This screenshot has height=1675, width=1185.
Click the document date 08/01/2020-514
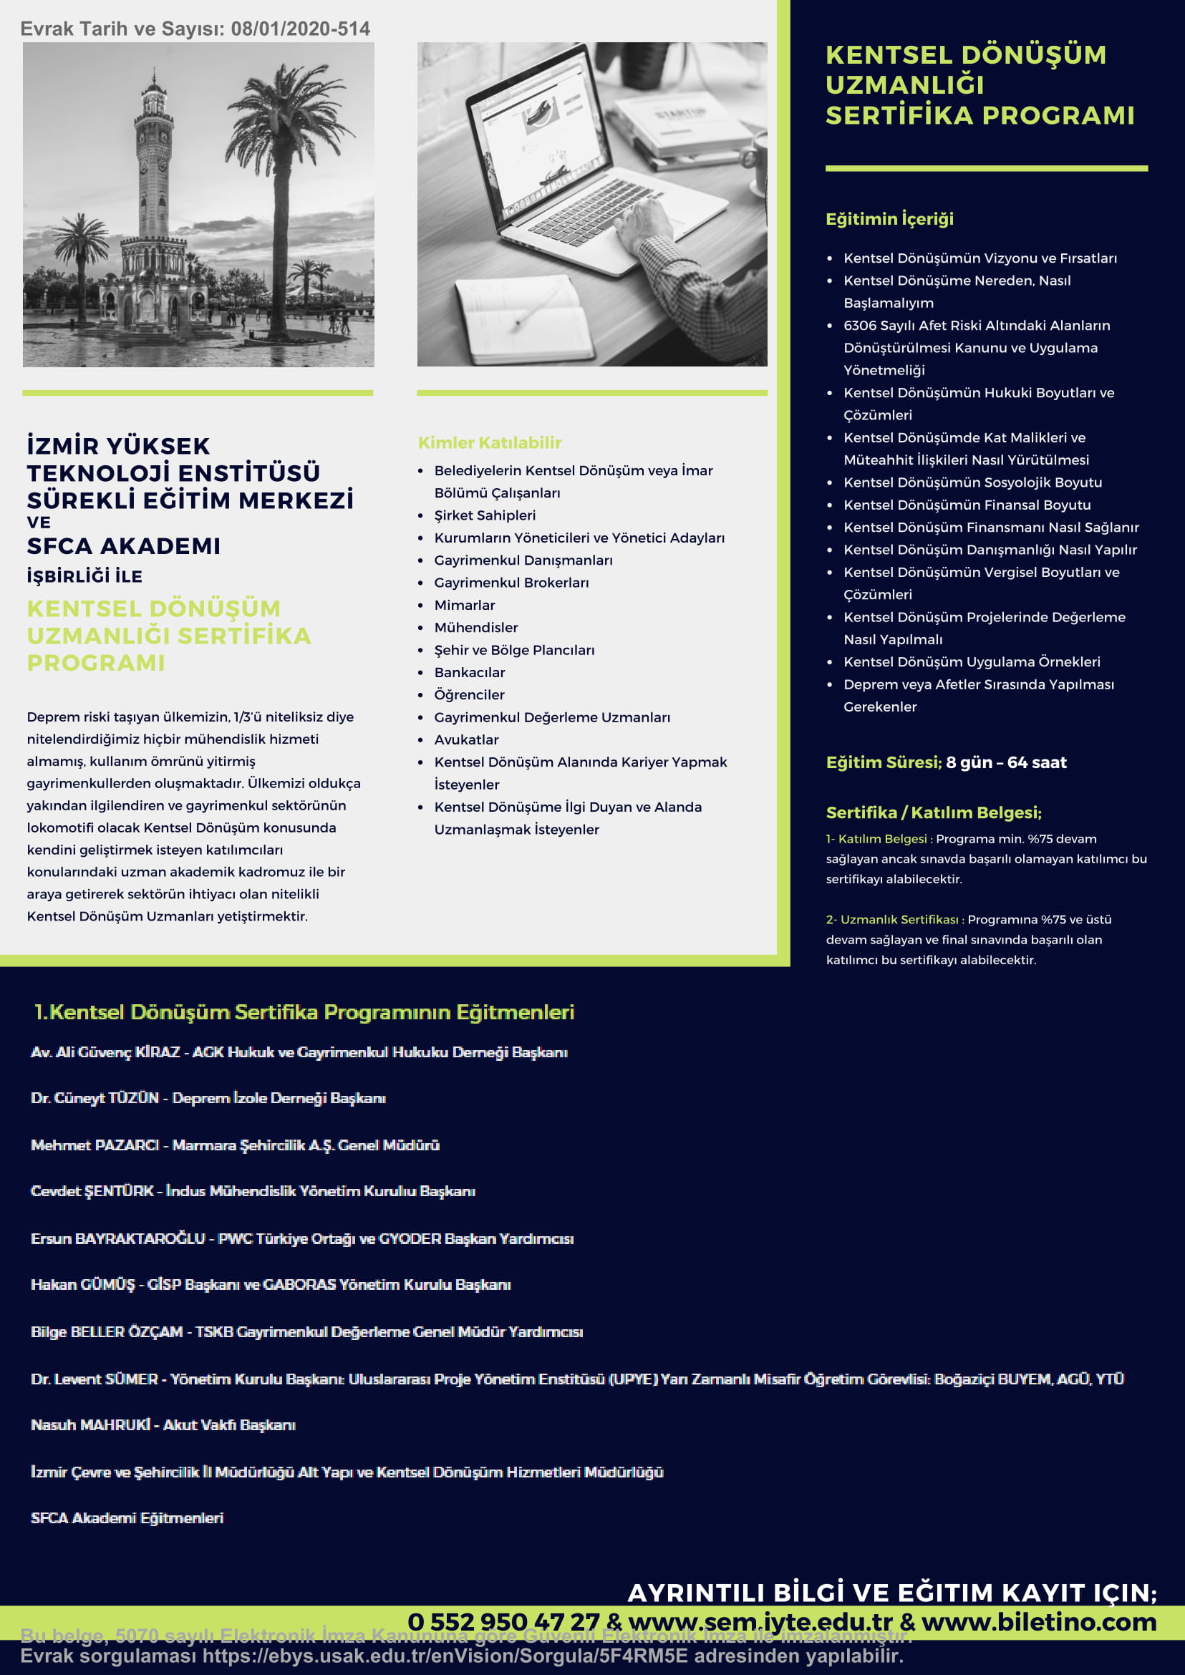pos(300,29)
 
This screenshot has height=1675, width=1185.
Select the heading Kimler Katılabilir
pos(489,443)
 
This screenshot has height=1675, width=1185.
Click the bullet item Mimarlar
pos(464,606)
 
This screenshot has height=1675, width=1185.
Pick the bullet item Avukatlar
pos(466,739)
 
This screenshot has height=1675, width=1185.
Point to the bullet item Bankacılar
pos(469,673)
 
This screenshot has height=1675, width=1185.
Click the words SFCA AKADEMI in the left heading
pos(123,546)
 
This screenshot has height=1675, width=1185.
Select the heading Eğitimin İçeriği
pos(889,219)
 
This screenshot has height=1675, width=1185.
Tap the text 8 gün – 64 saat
pos(1006,762)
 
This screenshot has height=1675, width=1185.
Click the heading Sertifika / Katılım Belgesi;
pos(933,812)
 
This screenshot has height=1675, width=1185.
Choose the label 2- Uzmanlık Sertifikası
pos(891,920)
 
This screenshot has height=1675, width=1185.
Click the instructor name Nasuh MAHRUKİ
pos(90,1424)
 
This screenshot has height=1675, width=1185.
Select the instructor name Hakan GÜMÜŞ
pos(83,1285)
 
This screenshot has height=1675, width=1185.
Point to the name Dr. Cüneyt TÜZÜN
pos(95,1098)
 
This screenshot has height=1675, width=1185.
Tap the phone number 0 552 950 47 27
pos(503,1622)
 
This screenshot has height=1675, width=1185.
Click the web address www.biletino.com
pos(1038,1622)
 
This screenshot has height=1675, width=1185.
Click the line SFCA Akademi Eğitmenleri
pos(127,1518)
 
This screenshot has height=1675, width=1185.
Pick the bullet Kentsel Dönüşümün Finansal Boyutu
pos(967,505)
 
